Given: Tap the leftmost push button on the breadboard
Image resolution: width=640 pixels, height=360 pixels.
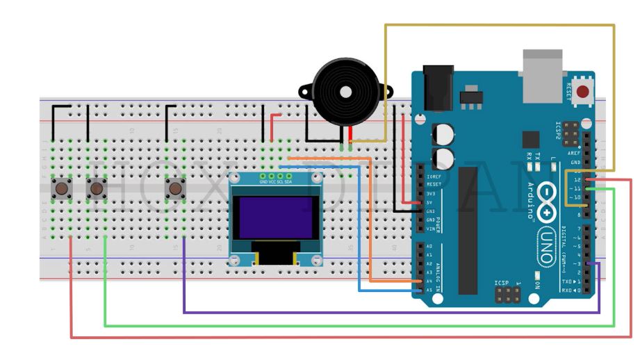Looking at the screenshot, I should point(63,188).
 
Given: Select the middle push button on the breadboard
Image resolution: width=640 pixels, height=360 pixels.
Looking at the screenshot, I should point(97,188).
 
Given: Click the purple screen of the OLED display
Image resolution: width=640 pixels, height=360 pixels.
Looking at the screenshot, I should point(275,216).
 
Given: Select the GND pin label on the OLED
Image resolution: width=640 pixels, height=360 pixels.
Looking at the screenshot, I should point(263,181).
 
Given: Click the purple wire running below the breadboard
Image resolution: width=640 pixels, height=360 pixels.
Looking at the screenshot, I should point(389,313).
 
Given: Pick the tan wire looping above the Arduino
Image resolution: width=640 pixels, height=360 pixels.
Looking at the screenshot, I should point(500,26).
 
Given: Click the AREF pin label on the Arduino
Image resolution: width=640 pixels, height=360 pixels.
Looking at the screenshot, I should point(574,153).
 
